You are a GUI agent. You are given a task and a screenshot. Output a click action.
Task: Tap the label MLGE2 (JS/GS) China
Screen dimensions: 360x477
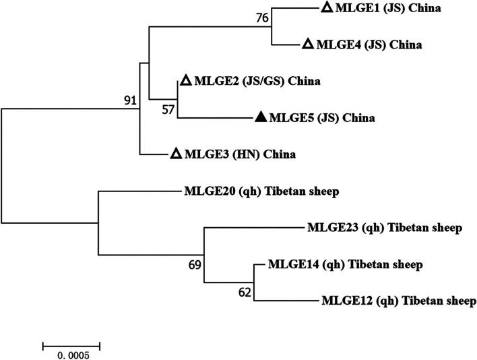(257, 82)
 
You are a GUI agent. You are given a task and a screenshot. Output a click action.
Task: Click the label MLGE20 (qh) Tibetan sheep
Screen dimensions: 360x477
(261, 191)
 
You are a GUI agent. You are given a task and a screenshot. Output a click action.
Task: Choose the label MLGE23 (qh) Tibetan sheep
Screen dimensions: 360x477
(384, 228)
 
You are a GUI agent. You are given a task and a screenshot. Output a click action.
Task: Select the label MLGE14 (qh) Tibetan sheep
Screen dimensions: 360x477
(345, 264)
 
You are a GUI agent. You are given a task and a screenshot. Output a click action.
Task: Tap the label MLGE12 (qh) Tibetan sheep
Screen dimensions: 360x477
(400, 301)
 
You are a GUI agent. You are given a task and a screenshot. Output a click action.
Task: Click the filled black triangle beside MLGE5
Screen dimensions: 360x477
(261, 118)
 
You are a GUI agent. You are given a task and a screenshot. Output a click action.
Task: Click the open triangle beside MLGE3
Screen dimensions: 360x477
(174, 154)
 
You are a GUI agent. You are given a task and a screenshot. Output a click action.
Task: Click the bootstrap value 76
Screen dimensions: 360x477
(263, 18)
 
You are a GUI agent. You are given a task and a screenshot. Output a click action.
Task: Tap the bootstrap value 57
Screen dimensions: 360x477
(167, 109)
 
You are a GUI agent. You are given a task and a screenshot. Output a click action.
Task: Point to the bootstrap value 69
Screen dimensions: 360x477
(193, 264)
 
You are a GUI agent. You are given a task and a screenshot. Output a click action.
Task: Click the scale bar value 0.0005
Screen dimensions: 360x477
(71, 355)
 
